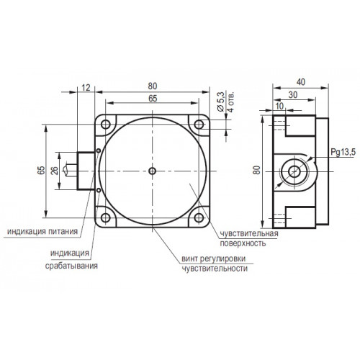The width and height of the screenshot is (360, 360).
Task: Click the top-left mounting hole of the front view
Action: tap(106, 125)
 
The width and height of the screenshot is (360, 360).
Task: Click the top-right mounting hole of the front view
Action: tap(199, 125)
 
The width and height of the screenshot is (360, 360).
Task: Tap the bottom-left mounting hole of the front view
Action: tap(106, 217)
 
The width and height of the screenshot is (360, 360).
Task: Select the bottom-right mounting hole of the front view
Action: tap(199, 217)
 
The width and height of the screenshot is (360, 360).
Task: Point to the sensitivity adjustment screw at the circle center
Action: tap(152, 171)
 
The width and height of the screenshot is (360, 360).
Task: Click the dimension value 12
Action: tap(86, 88)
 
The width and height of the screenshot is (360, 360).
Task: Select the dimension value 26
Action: tap(55, 171)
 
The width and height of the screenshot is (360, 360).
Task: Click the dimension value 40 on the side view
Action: tap(301, 82)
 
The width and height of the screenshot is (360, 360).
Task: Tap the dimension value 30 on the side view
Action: tap(293, 95)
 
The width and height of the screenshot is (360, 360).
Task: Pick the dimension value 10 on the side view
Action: tap(279, 106)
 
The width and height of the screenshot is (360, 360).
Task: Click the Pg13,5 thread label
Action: tap(343, 152)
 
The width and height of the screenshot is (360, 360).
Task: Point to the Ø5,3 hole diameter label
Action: tap(220, 102)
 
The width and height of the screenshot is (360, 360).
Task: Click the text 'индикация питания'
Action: tap(42, 231)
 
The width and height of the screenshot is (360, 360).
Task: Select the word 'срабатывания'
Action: tap(71, 266)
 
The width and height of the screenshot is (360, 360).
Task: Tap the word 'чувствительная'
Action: tap(249, 233)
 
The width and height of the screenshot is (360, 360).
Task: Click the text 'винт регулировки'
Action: tap(214, 258)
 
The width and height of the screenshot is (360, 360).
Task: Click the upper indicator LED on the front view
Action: tap(99, 150)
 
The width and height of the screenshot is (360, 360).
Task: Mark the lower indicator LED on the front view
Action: tap(99, 190)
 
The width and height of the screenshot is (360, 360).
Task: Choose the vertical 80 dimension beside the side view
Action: tap(258, 171)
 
